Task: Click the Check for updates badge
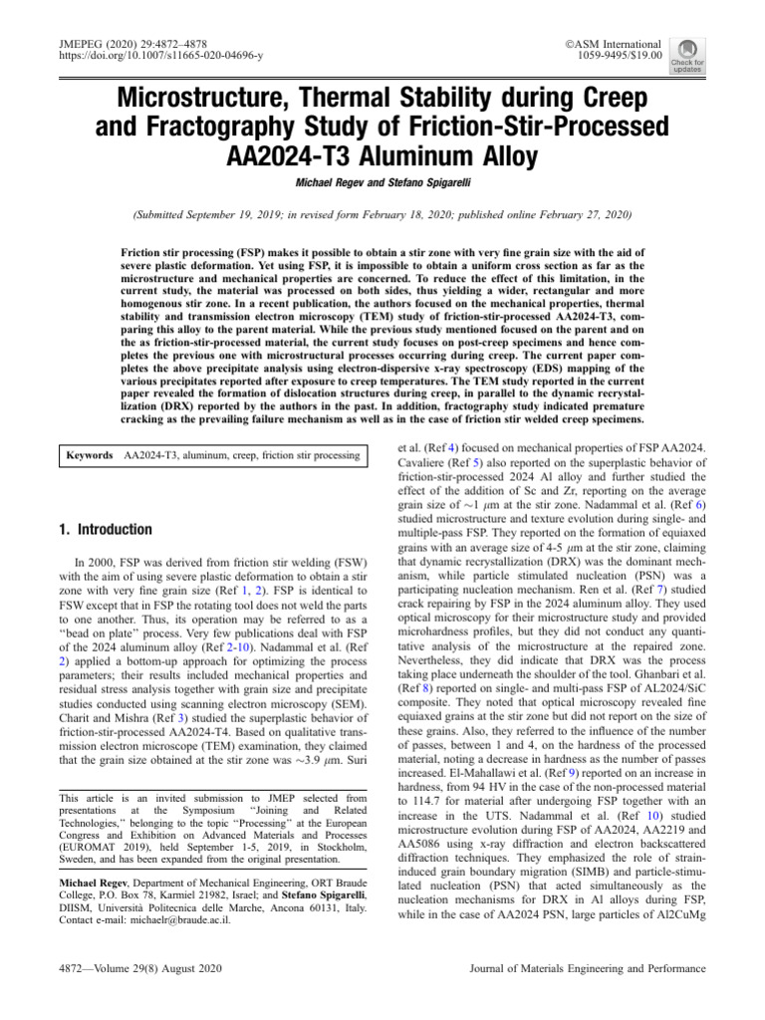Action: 687,56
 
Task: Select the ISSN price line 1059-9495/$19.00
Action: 613,58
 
